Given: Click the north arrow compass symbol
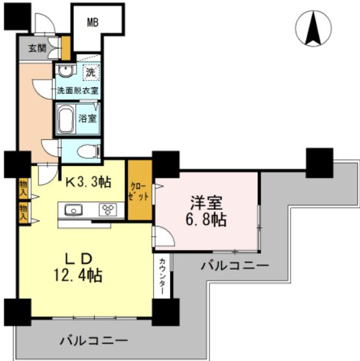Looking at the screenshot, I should pyautogui.click(x=317, y=30).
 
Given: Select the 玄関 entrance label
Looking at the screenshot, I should pyautogui.click(x=37, y=47).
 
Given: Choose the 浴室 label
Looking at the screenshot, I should pyautogui.click(x=87, y=119).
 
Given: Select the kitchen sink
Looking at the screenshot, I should pyautogui.click(x=71, y=209).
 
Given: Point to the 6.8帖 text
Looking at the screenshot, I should pyautogui.click(x=207, y=219).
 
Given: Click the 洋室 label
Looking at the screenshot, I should pyautogui.click(x=206, y=201).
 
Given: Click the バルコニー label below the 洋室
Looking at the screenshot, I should pyautogui.click(x=234, y=265).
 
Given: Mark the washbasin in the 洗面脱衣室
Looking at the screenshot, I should pyautogui.click(x=65, y=71).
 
